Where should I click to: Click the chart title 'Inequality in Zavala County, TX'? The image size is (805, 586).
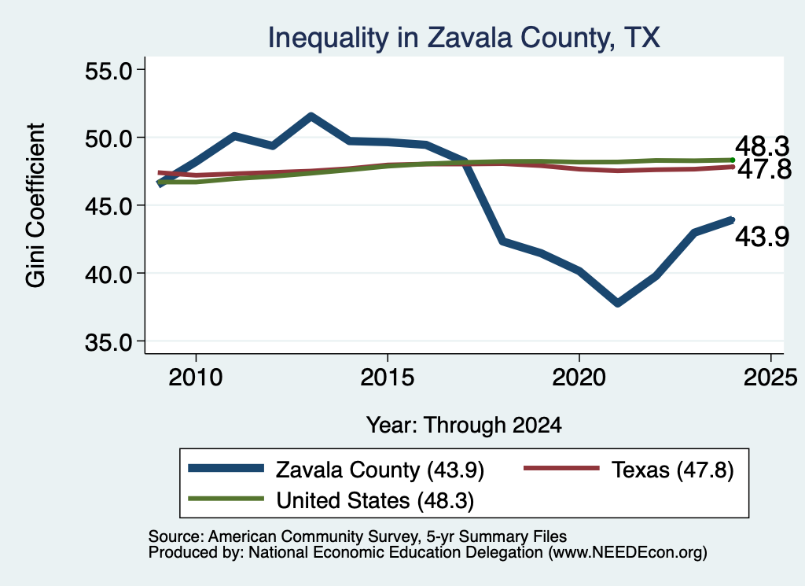464,38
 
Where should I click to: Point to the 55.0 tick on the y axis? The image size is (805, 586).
108,70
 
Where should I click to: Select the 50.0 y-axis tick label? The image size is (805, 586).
108,138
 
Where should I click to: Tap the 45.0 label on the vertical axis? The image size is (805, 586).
108,206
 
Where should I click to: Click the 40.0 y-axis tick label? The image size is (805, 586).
108,274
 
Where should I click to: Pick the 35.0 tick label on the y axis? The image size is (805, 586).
108,341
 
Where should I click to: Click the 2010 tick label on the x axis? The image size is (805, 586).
196,378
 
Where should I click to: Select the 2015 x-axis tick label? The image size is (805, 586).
387,378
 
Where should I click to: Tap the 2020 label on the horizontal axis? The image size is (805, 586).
579,378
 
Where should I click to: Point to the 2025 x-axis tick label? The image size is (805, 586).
770,378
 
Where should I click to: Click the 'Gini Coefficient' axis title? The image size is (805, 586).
35,205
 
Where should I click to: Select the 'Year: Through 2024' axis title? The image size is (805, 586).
464,426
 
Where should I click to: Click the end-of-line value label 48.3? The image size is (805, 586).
762,146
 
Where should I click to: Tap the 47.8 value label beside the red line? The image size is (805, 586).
764,169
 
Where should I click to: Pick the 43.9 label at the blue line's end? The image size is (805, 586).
762,237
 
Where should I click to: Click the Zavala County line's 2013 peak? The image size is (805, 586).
311,116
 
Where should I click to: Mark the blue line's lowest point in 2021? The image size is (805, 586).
618,304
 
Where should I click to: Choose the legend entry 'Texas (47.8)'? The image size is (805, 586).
628,470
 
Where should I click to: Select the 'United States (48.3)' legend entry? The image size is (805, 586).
331,500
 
